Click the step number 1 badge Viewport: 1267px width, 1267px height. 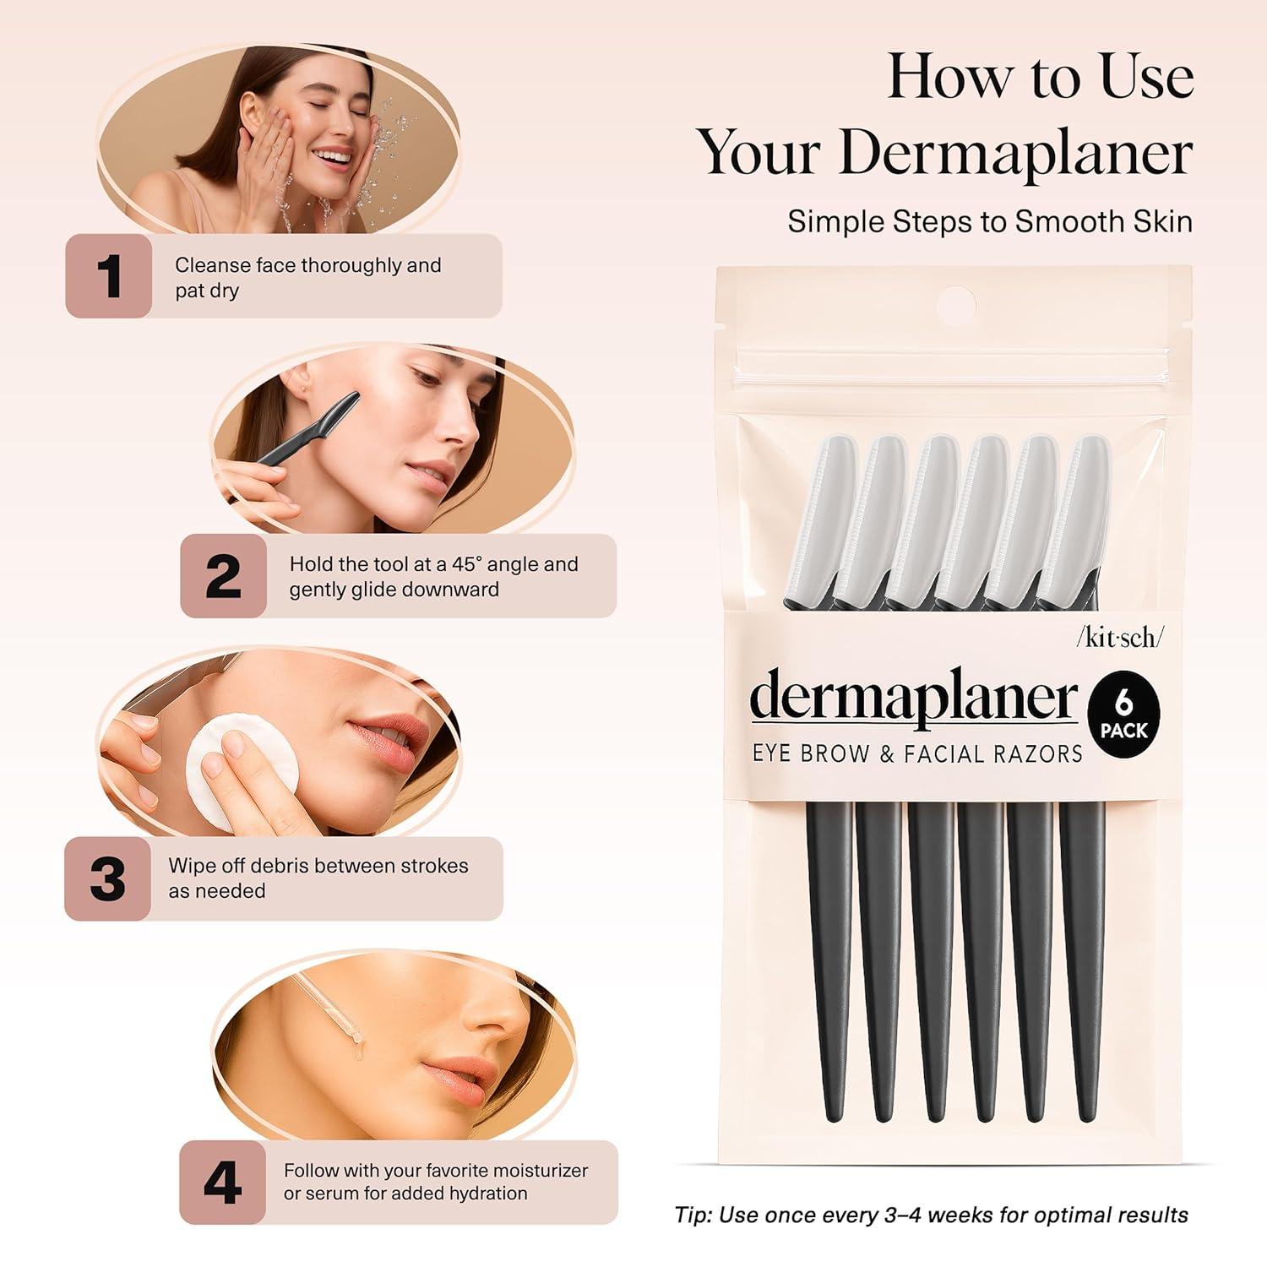(x=109, y=276)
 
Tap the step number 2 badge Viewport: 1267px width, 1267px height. (x=223, y=576)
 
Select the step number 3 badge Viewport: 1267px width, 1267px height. (x=108, y=878)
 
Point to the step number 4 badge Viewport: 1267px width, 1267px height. (x=222, y=1183)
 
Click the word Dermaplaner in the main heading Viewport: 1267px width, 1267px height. (x=1015, y=153)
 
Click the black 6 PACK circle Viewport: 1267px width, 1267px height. (x=1123, y=715)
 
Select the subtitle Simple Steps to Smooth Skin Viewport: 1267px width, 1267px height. (x=990, y=221)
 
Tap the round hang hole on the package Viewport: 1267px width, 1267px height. (x=957, y=302)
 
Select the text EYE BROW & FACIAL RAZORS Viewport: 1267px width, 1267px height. (x=917, y=753)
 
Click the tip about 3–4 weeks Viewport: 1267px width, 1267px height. (x=931, y=1215)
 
